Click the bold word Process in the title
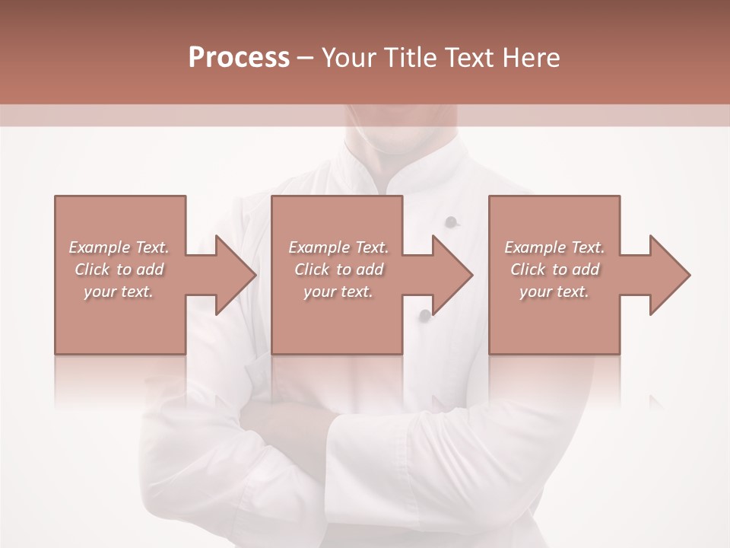(239, 57)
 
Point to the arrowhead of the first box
(236, 275)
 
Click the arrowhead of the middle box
(453, 275)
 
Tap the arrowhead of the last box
(670, 275)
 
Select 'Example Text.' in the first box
(119, 247)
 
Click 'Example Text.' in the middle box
(338, 247)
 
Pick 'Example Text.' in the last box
(554, 247)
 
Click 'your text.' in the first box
(119, 292)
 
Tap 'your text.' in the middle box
(338, 292)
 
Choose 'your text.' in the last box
(554, 292)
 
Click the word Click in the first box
(91, 269)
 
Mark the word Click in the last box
(528, 269)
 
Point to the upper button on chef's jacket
(451, 222)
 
